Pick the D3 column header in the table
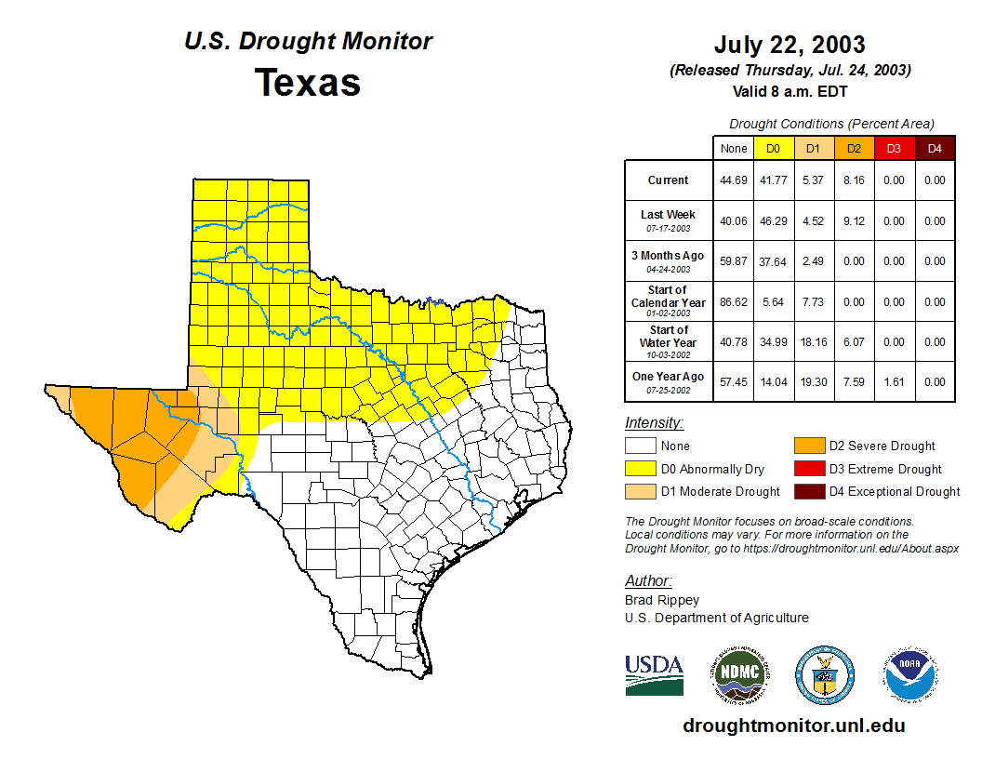pos(894,148)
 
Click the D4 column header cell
pos(935,148)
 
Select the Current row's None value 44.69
pos(734,180)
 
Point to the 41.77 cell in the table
pos(773,180)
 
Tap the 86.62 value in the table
pos(734,302)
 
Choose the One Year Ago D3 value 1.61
pos(894,381)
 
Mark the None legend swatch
pos(640,446)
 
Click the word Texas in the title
pos(308,82)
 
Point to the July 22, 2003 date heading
pos(790,45)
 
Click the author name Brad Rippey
pos(662,600)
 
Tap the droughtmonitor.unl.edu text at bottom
pos(793,726)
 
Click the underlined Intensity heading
pos(655,423)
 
